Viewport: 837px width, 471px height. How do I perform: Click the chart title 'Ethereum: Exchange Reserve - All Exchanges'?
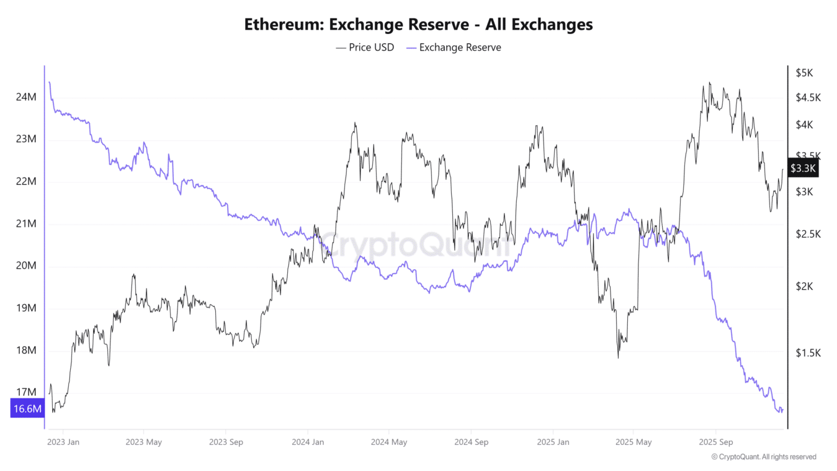click(x=418, y=25)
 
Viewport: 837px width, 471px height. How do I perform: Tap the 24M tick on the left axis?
click(x=26, y=97)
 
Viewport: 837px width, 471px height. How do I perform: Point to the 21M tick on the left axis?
click(x=26, y=224)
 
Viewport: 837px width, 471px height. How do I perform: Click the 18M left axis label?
click(x=26, y=350)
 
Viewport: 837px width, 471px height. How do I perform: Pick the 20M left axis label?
click(x=26, y=265)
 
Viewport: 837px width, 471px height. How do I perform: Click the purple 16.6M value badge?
click(x=27, y=408)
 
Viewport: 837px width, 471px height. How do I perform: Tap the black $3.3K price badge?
click(x=803, y=168)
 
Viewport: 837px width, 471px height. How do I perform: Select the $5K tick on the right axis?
click(x=804, y=73)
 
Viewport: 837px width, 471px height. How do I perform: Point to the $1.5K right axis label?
click(x=808, y=353)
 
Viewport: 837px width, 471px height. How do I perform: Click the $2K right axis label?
click(x=804, y=286)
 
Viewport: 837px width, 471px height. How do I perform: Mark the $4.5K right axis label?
click(x=808, y=98)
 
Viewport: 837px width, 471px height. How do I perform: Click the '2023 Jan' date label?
click(x=63, y=442)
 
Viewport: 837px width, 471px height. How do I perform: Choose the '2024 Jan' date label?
click(x=308, y=442)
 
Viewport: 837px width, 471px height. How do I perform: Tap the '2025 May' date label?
click(x=634, y=442)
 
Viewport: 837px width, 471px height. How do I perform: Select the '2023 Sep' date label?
click(x=226, y=442)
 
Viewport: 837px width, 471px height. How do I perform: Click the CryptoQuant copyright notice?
click(x=763, y=457)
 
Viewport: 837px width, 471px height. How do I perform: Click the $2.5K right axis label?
click(x=808, y=234)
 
